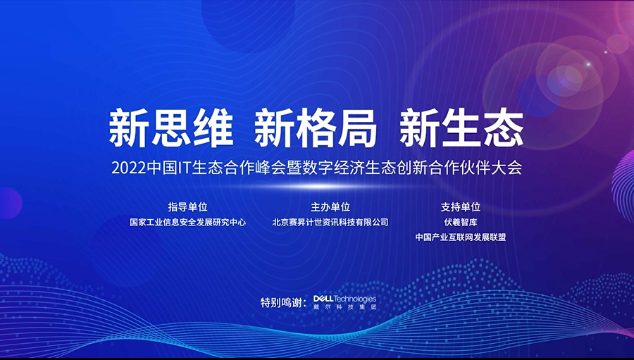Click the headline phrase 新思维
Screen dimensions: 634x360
pos(171,128)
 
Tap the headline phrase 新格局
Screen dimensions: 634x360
pos(316,128)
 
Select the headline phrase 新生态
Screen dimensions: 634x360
pos(461,128)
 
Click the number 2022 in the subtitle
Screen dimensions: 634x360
pos(128,168)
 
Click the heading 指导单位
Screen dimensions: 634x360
pos(187,207)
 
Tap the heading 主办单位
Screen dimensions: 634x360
pos(330,207)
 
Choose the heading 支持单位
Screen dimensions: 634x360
pos(461,207)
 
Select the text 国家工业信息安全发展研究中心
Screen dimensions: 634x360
pos(187,223)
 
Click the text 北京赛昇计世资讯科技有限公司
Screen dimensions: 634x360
pos(330,223)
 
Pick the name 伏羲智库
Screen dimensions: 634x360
pos(461,223)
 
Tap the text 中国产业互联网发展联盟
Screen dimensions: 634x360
pos(461,237)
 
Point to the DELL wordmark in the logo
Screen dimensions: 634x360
pos(323,299)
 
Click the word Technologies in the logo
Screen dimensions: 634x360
pos(354,299)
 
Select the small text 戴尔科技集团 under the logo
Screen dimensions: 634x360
pos(345,307)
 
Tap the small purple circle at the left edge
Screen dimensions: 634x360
pos(10,203)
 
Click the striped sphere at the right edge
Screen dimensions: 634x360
pos(624,187)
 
